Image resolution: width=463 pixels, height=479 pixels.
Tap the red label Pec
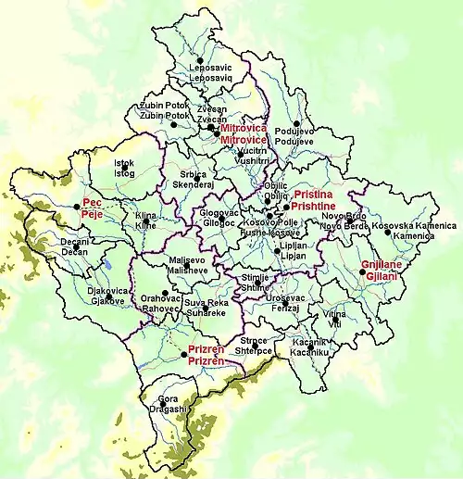(x=92, y=201)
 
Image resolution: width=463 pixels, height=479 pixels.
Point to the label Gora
(x=168, y=399)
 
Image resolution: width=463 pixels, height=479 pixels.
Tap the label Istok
(x=123, y=164)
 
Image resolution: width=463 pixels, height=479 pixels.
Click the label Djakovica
(x=105, y=290)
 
